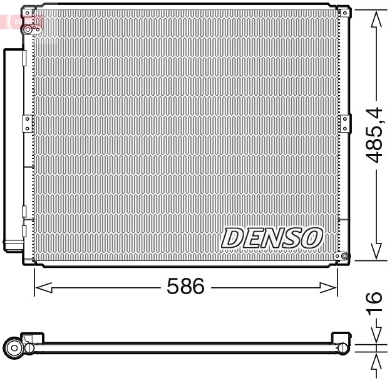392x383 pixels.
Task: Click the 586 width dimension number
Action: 186,287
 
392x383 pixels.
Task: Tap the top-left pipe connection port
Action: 28,28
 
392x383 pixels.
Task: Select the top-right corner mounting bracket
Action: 343,11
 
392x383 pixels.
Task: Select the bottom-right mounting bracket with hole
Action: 341,255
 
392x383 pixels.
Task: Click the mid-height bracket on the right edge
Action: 343,121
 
